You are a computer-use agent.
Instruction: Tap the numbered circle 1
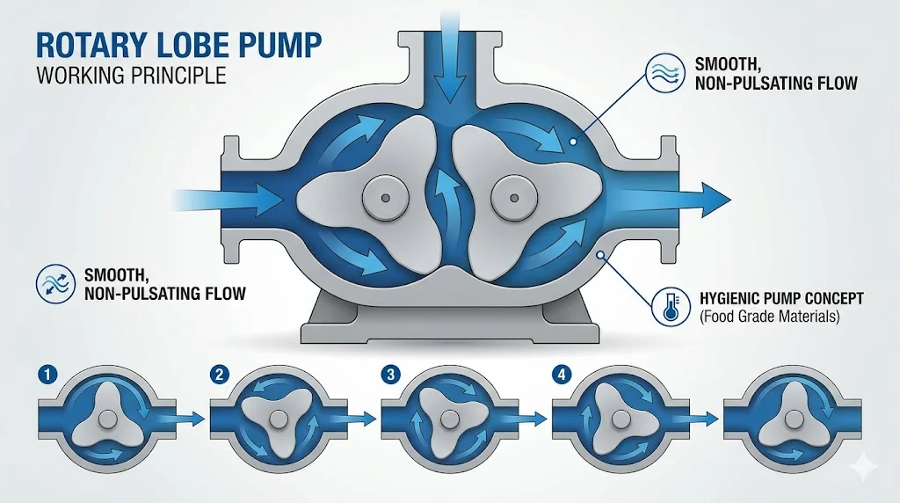click(x=47, y=375)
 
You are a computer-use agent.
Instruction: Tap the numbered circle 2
click(x=219, y=375)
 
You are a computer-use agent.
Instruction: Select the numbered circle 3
click(x=390, y=375)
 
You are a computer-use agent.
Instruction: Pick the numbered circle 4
click(x=561, y=375)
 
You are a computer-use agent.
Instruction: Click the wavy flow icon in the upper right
click(x=665, y=73)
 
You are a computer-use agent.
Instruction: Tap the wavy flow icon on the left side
click(x=55, y=284)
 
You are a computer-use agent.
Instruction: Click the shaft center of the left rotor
click(x=386, y=198)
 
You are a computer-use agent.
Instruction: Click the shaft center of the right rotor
click(x=513, y=198)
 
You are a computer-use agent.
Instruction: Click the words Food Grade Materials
click(x=769, y=317)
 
